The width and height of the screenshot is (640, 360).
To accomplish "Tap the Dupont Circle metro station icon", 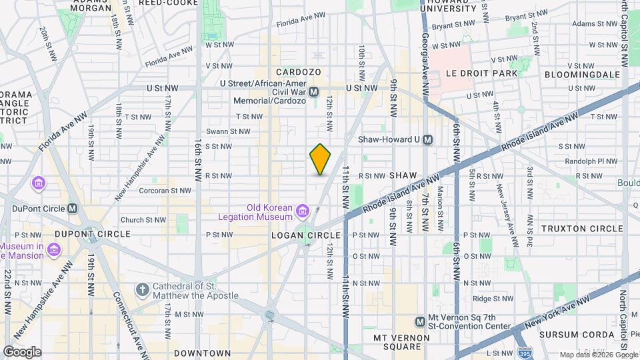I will coord(73,208).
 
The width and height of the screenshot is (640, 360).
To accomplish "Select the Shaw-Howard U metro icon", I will coord(428,140).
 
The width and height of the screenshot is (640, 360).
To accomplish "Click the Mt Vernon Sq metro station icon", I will coord(420,322).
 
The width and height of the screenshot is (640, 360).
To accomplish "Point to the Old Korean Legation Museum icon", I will coord(303,212).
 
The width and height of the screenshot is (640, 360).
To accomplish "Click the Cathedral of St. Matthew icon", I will coord(141,289).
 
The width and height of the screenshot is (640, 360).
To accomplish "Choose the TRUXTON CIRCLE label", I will coord(581,229).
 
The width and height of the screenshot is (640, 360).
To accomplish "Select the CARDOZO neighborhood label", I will coord(299,72).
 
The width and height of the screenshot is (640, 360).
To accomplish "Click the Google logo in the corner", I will coord(22,351).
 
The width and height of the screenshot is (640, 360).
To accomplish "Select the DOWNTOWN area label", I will coord(202,353).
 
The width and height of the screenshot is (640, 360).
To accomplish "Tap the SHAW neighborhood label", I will coord(403,175).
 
